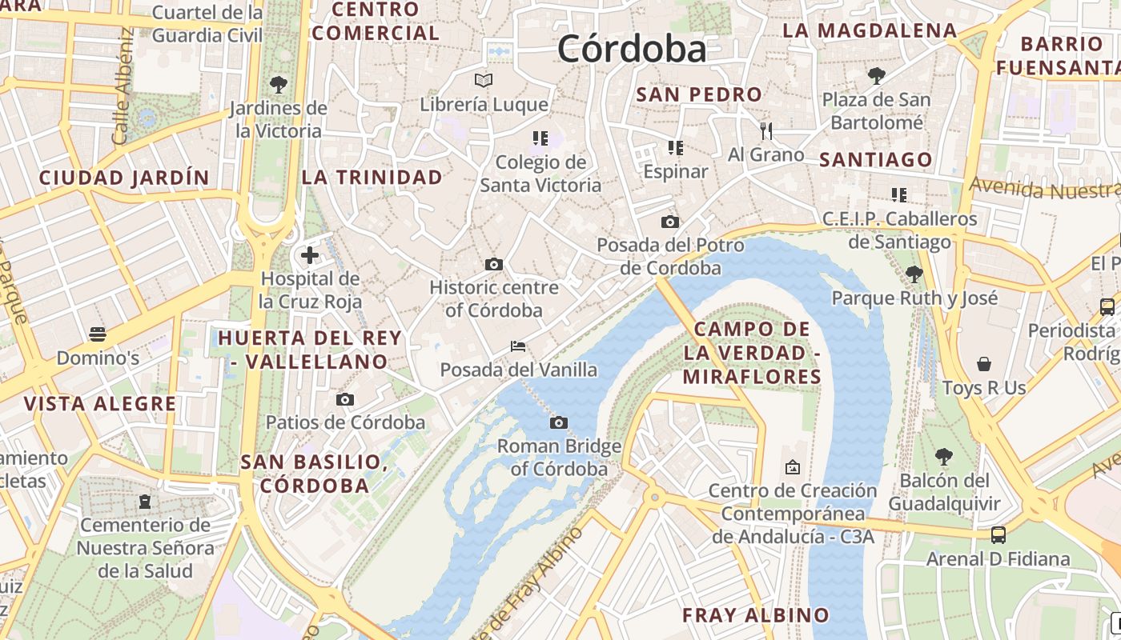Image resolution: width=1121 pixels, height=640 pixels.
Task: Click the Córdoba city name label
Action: coord(632,49)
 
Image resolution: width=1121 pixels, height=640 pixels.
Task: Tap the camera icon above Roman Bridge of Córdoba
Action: coord(559,422)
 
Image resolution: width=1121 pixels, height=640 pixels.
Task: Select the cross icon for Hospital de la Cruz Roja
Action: coord(310,256)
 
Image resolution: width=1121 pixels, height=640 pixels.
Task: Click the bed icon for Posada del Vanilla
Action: coord(518,346)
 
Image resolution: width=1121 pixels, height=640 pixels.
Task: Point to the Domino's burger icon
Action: coord(98,334)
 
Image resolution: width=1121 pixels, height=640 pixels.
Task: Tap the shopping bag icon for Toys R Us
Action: coord(984,364)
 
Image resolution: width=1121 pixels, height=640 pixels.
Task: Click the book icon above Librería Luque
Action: coord(484,80)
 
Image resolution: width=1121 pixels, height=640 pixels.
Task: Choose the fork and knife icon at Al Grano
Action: coord(766,130)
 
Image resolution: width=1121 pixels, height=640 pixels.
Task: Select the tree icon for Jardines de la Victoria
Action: coord(279,84)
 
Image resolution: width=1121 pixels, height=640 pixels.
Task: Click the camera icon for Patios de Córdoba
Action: coord(345,399)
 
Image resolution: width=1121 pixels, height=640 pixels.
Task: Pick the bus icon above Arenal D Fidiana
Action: coord(998,534)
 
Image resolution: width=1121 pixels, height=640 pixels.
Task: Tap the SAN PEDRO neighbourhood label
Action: coord(698,94)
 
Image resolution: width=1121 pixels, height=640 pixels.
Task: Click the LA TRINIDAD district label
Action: coord(372,177)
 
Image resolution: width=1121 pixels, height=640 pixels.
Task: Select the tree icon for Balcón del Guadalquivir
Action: coord(944,457)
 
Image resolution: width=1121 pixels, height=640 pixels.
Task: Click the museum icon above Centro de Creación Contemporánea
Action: coord(793,466)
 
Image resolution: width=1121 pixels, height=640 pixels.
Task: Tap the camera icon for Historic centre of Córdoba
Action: coord(494,264)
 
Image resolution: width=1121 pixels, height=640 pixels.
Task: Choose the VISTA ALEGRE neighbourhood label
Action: coord(100,403)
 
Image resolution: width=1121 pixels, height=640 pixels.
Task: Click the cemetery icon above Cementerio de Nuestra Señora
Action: coord(145,502)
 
